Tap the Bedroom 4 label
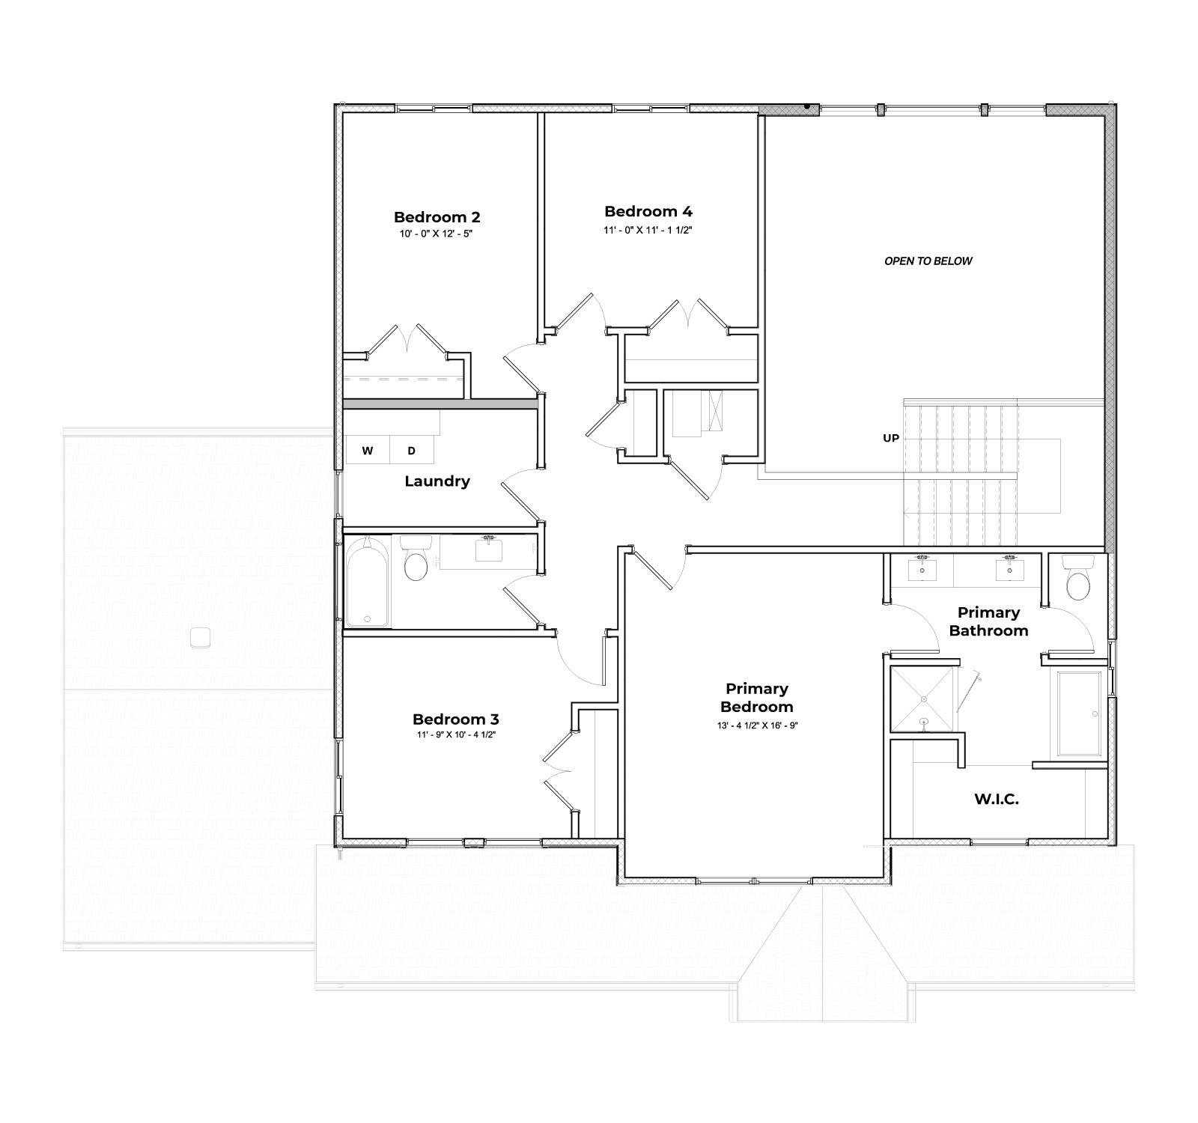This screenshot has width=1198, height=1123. (648, 211)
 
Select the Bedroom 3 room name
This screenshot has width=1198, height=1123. (455, 719)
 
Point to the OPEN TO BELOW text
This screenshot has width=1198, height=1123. (928, 261)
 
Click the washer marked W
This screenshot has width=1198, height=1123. (367, 451)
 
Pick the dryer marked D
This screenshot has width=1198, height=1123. (411, 451)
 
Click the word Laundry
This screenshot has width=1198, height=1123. (437, 481)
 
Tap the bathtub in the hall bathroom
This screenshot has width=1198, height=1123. (367, 581)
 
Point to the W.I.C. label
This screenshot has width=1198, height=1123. (996, 800)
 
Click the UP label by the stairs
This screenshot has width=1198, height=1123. (890, 438)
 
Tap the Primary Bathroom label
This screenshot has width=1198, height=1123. (988, 621)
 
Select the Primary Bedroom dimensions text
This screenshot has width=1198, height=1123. (756, 725)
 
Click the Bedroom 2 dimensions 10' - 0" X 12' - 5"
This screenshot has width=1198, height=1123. (437, 234)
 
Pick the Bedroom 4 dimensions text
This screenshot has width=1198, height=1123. (648, 230)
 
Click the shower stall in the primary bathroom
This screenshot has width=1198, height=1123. (922, 700)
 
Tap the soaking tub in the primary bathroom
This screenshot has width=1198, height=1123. (1080, 713)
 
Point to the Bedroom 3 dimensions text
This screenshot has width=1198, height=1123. (455, 735)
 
